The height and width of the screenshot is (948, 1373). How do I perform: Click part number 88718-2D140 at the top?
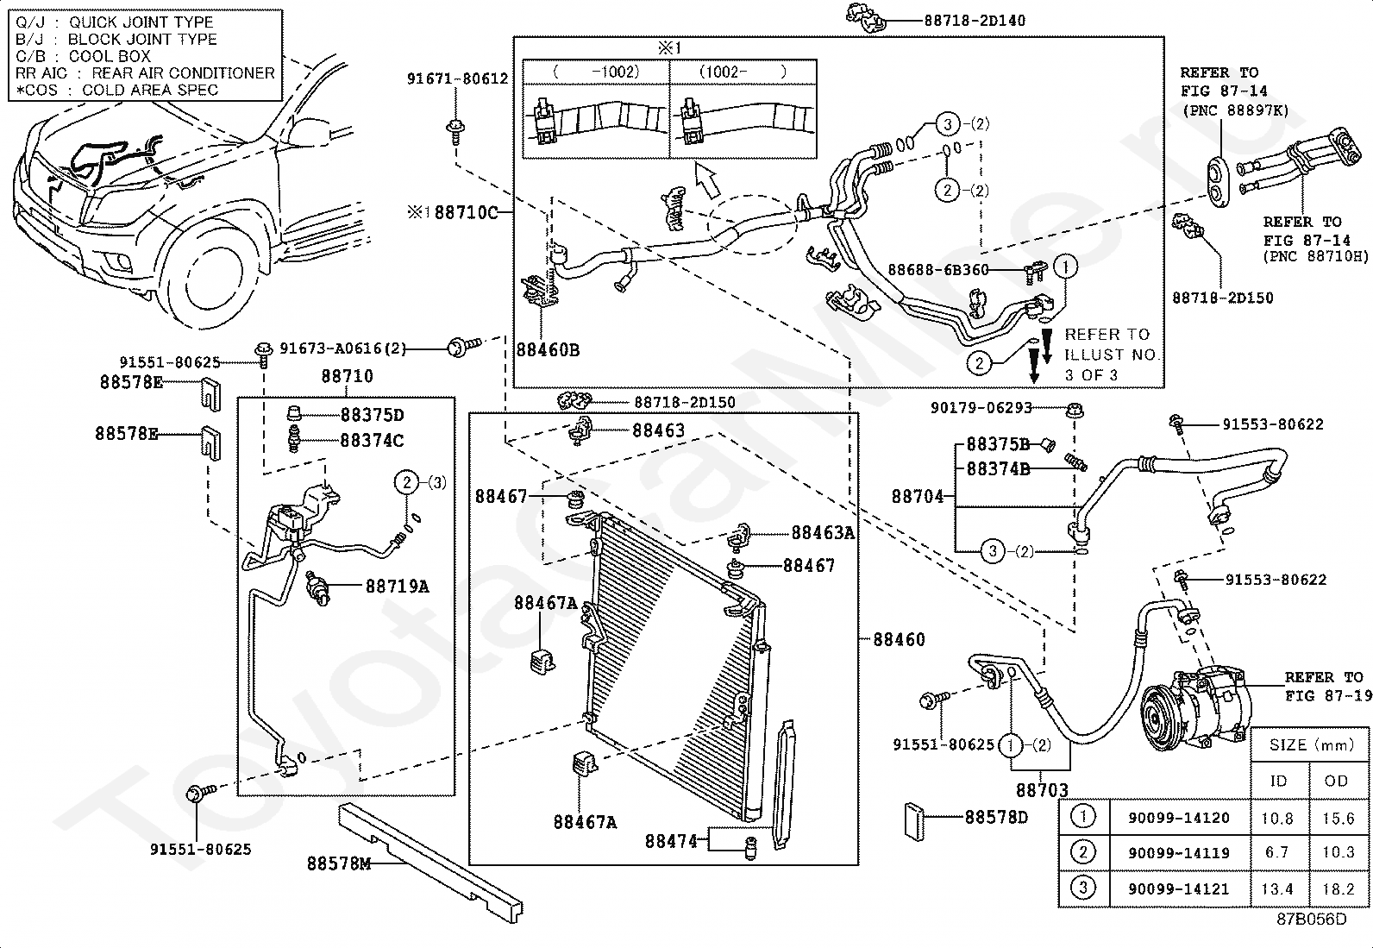[975, 21]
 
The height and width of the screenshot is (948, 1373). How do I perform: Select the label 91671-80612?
[458, 78]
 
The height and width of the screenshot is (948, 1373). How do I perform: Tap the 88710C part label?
[466, 213]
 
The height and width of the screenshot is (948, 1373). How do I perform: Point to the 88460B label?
[548, 350]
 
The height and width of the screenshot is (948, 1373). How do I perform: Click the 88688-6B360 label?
[938, 270]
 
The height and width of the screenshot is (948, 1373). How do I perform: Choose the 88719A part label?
[398, 587]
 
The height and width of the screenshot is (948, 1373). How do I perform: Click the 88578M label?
[339, 863]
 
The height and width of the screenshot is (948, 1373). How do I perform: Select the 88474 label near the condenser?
[671, 841]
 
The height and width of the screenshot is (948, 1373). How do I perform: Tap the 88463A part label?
[823, 533]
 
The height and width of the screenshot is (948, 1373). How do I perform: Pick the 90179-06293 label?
[981, 408]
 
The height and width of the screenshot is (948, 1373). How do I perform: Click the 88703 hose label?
[1042, 790]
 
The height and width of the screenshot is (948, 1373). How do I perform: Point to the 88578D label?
[996, 818]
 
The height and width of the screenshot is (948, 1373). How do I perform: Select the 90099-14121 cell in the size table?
[1179, 889]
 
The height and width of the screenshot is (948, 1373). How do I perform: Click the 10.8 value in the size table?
[1277, 818]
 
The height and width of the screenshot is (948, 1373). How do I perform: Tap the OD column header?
[1336, 782]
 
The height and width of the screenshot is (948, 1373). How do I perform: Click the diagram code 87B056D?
[1312, 920]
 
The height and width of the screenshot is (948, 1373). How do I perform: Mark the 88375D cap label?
[372, 415]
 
